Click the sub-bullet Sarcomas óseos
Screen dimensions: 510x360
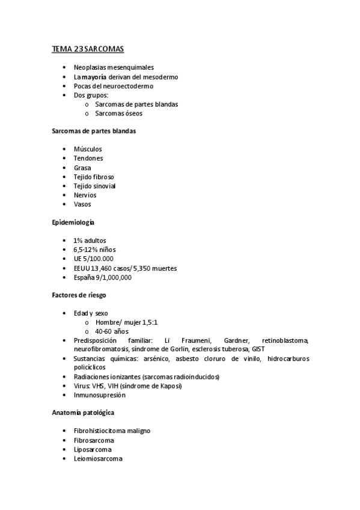(x=118, y=113)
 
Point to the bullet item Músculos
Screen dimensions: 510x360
(x=88, y=149)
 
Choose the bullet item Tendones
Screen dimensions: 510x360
(x=88, y=158)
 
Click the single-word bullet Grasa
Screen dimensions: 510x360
(x=82, y=168)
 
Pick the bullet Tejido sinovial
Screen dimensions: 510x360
(x=94, y=186)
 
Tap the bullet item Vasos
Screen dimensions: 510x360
(x=82, y=204)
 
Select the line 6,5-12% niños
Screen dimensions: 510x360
(x=94, y=250)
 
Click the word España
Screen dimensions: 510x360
(x=85, y=277)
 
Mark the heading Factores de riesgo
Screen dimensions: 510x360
(x=78, y=295)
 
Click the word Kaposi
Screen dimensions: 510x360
(x=168, y=386)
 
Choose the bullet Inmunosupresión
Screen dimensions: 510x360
(x=100, y=395)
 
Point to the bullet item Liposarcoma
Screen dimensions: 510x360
(x=92, y=449)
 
